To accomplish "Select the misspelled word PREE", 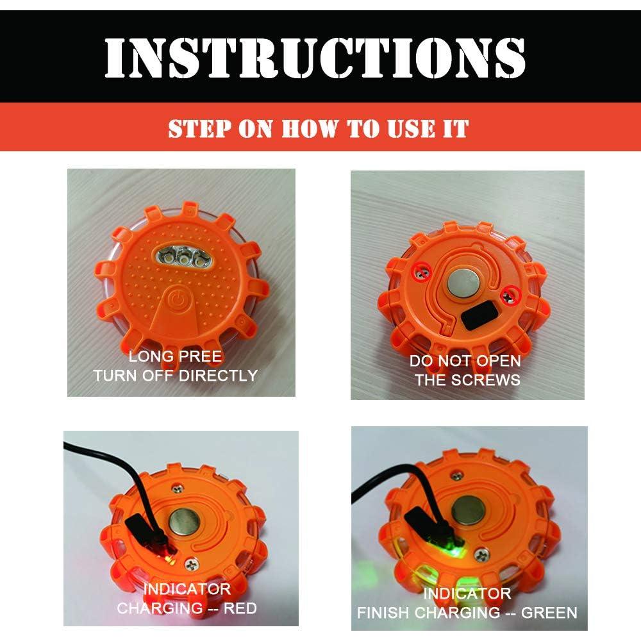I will click(201, 356).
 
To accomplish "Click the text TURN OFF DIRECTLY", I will click(175, 375).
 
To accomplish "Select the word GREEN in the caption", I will click(549, 612).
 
